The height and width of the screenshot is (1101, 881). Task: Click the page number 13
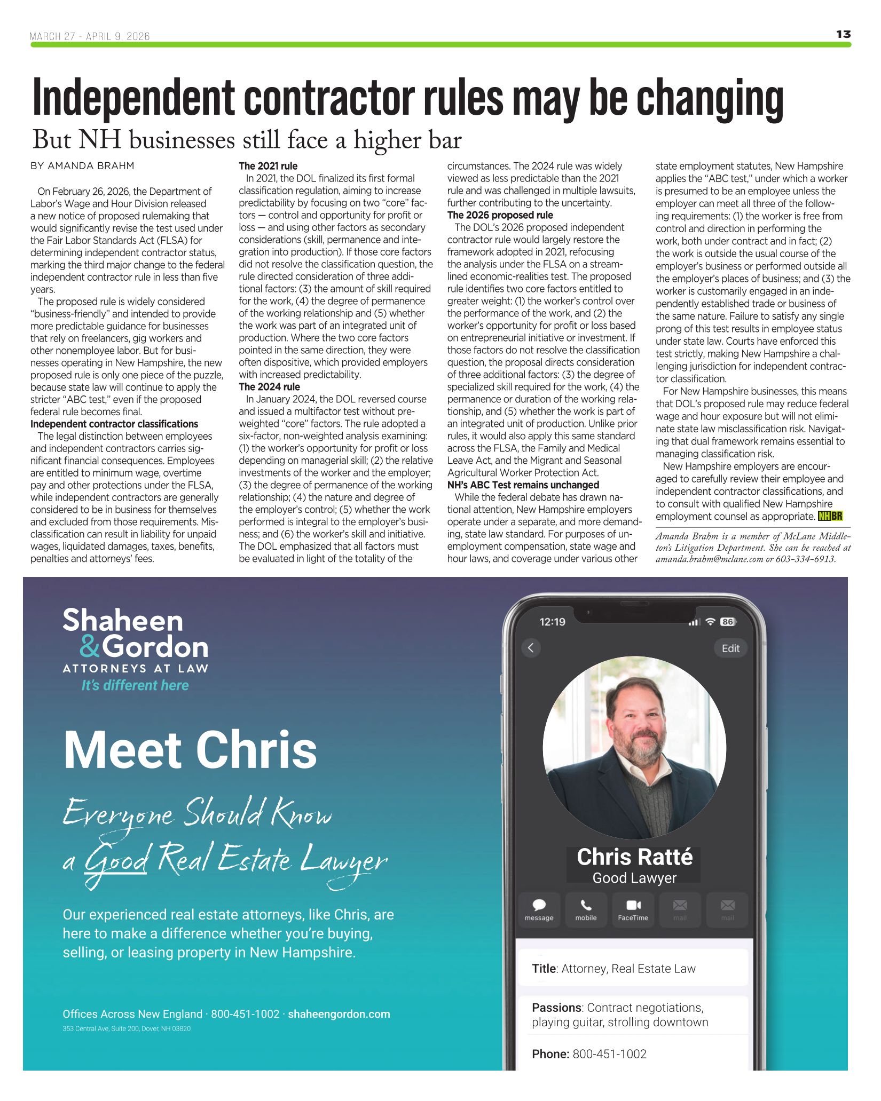(843, 34)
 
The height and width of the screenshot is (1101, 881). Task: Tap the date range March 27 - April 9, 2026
(90, 36)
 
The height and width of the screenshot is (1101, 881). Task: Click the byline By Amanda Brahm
(82, 166)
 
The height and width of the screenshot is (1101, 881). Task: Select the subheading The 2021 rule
(268, 166)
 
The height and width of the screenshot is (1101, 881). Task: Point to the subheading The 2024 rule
(269, 387)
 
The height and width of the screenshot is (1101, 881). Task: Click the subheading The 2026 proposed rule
(500, 215)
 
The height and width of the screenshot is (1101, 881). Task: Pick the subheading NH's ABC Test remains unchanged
(523, 485)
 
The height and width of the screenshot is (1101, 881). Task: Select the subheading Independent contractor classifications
(114, 424)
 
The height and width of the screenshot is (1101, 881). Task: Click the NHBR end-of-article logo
(830, 516)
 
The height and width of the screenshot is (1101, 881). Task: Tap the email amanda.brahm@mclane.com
(709, 559)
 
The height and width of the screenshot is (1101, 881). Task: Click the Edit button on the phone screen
(730, 648)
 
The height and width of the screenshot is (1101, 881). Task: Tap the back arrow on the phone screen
(531, 648)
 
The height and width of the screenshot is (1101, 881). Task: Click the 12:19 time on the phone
(552, 622)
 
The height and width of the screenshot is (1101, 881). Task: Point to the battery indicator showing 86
(727, 622)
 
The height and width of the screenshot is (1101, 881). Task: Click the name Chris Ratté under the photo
(634, 857)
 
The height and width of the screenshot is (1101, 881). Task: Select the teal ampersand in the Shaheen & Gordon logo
(90, 647)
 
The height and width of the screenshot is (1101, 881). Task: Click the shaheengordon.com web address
(339, 1014)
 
